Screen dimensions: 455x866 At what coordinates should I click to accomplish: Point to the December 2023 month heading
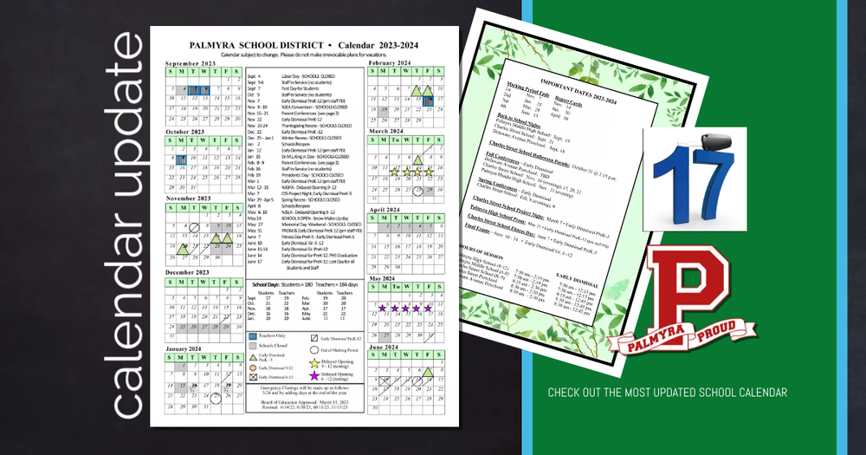187,272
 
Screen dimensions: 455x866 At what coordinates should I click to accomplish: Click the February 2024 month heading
389,62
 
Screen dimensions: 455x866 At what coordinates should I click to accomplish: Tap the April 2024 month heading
385,210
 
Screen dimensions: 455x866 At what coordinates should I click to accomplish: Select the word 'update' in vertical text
129,121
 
